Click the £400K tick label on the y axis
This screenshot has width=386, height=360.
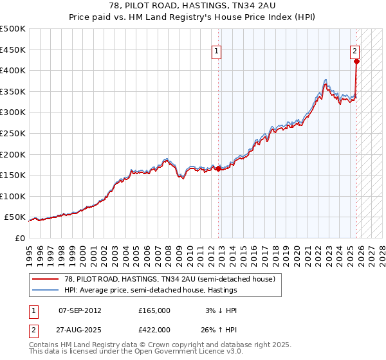tap(13, 71)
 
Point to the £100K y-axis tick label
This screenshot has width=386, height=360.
tap(13, 196)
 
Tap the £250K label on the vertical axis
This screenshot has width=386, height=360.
tap(13, 134)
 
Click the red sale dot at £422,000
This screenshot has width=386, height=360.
tap(356, 62)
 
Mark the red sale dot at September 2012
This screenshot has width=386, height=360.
tap(218, 169)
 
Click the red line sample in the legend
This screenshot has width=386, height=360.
tap(46, 279)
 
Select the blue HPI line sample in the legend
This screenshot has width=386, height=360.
tap(46, 291)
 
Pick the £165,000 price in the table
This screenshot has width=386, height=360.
tap(154, 310)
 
